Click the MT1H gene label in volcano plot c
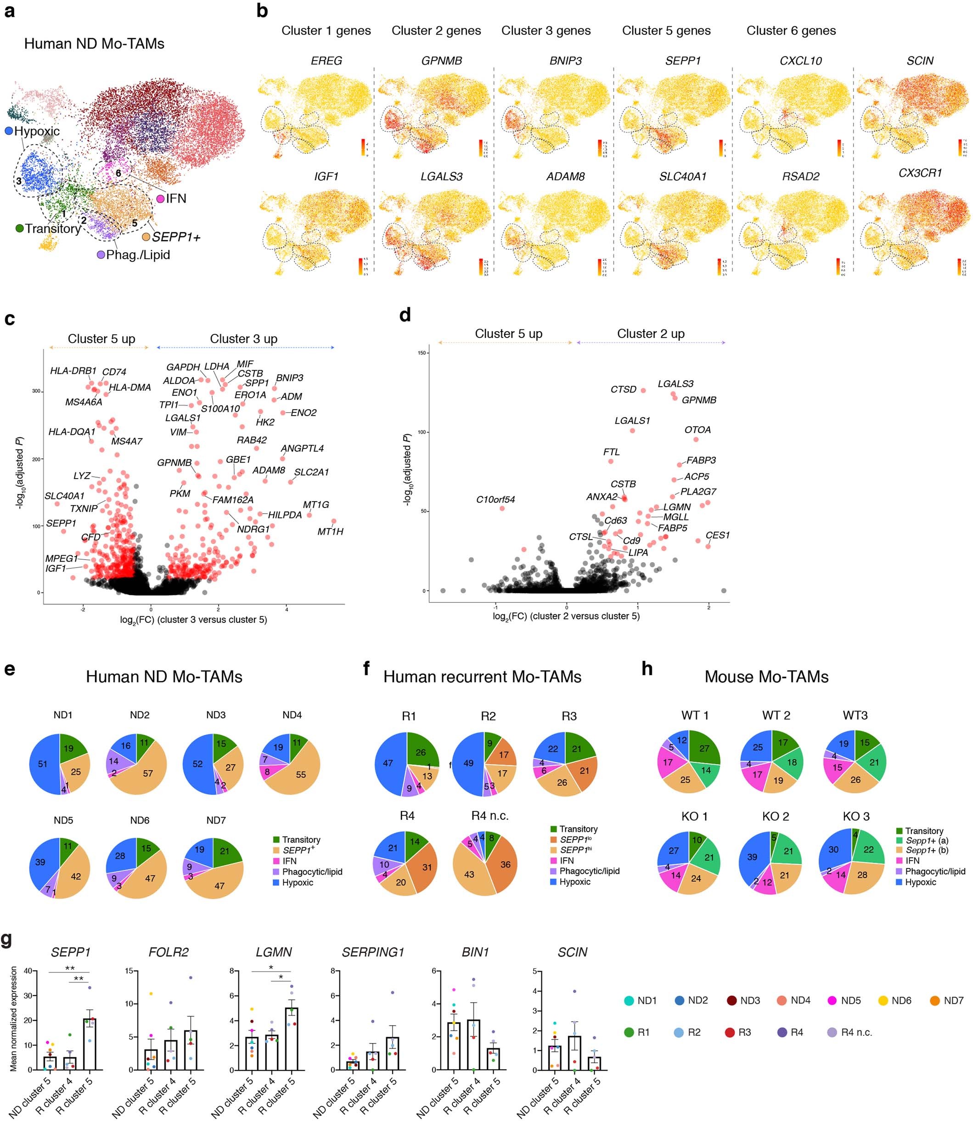click(330, 532)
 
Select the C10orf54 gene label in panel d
click(495, 500)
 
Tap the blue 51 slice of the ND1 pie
click(42, 764)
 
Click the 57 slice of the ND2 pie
click(148, 773)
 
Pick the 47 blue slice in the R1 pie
click(388, 763)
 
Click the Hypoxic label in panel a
click(36, 131)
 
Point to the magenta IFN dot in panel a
click(161, 199)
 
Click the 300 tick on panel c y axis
click(36, 391)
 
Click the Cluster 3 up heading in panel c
click(243, 339)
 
